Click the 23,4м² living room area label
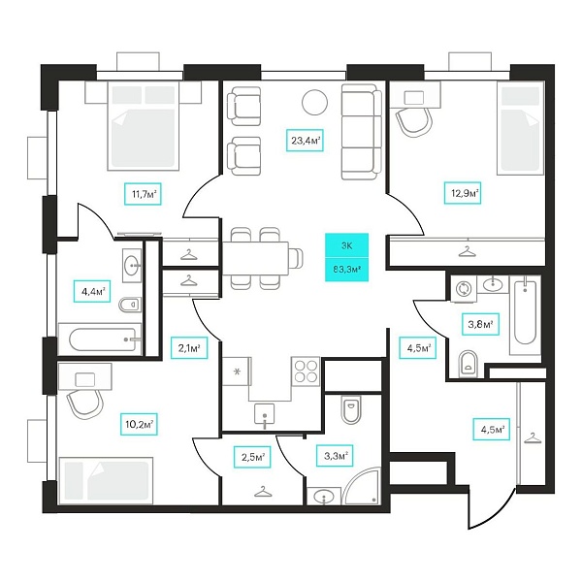coord(305,140)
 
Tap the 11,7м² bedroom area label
coord(143,194)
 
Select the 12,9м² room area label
coord(463,193)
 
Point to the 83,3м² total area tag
coord(346,269)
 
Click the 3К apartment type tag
coord(346,245)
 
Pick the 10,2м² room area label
coord(139,424)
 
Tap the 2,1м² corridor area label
coord(189,348)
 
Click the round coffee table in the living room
coord(314,103)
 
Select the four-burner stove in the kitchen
coord(307,372)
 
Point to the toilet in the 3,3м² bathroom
coord(351,409)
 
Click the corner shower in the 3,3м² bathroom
coord(362,486)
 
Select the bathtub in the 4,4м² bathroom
coord(101,339)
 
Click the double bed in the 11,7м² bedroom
coord(141,126)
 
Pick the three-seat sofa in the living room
coord(362,132)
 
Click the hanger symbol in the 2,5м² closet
coord(263,492)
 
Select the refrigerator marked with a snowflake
coord(238,372)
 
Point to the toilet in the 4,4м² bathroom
coord(130,305)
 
